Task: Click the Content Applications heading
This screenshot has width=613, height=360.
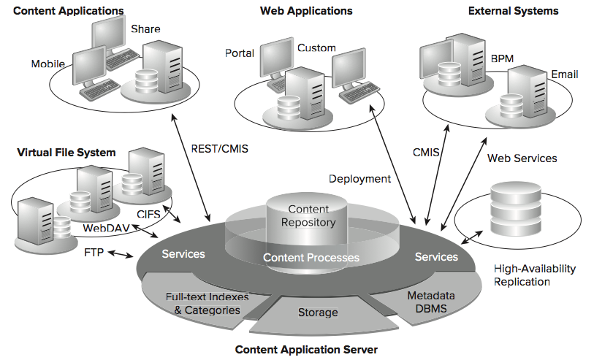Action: pyautogui.click(x=68, y=11)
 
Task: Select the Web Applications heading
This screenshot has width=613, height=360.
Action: pyautogui.click(x=306, y=11)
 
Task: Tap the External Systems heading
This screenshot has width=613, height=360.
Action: pyautogui.click(x=513, y=11)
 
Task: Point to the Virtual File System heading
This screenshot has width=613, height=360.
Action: pyautogui.click(x=66, y=153)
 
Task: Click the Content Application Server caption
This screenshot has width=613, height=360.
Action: pyautogui.click(x=306, y=350)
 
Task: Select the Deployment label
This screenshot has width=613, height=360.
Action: pyautogui.click(x=359, y=179)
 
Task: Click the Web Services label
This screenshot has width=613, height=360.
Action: pyautogui.click(x=522, y=158)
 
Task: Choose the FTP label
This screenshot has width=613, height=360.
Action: pyautogui.click(x=95, y=253)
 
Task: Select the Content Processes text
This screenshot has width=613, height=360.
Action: pyautogui.click(x=311, y=258)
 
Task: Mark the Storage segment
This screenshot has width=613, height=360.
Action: pyautogui.click(x=318, y=313)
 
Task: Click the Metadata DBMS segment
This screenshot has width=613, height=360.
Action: pyautogui.click(x=430, y=302)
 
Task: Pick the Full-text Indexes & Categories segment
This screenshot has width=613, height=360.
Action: pyautogui.click(x=207, y=304)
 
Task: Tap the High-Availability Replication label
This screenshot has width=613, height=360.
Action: pyautogui.click(x=535, y=275)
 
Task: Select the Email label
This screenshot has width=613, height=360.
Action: pyautogui.click(x=565, y=74)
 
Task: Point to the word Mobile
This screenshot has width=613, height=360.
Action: pyautogui.click(x=48, y=64)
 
